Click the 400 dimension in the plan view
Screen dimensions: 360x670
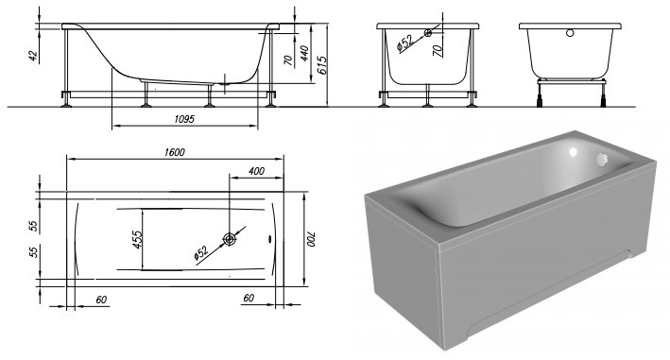point(256,170)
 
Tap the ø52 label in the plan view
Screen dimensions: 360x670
point(201,251)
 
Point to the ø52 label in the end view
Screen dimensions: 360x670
point(404,43)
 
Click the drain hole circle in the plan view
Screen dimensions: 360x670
point(229,239)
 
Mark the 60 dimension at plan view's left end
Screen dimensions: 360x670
point(101,299)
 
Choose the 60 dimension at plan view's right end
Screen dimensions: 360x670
point(249,299)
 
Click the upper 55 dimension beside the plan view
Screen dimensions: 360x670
point(33,226)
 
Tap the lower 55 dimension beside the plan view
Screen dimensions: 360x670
point(33,253)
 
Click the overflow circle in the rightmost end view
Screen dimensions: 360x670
point(569,34)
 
